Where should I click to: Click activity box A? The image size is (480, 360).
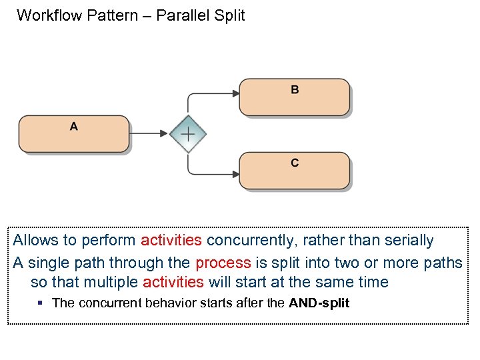click(73, 134)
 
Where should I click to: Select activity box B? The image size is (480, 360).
click(295, 97)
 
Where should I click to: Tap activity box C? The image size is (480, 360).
click(295, 171)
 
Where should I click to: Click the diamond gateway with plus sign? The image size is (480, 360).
click(188, 134)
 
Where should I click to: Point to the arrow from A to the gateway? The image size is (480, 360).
click(149, 134)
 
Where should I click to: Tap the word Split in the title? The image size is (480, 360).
click(229, 15)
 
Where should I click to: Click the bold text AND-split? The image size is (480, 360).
click(319, 303)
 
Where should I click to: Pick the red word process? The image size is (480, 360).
click(223, 262)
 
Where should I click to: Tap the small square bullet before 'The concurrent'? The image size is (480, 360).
click(41, 303)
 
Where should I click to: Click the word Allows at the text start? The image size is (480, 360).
click(35, 241)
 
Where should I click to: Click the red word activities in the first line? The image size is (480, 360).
click(171, 241)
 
